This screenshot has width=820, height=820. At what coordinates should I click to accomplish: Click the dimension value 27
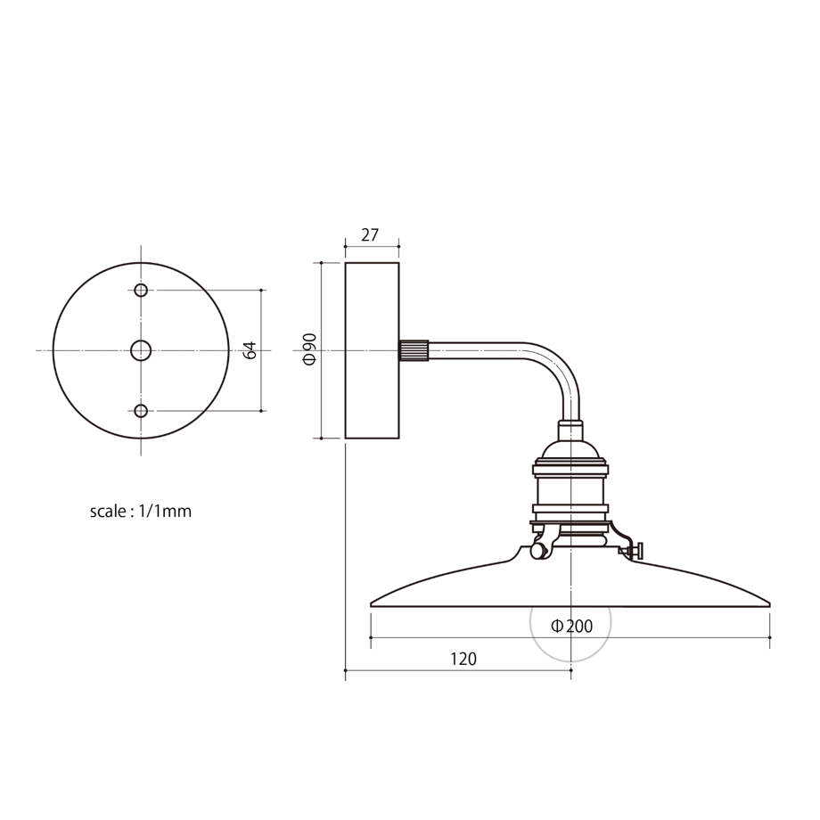coord(370,235)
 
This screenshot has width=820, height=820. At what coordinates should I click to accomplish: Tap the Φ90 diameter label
coord(309,349)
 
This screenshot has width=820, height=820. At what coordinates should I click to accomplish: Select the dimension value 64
coord(250,350)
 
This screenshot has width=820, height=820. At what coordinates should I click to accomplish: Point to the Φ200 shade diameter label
coord(571,626)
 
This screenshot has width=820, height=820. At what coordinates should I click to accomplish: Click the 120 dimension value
coord(463,659)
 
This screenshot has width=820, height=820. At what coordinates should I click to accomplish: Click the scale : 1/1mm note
coord(141,511)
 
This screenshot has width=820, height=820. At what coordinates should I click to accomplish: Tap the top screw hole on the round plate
coord(141,290)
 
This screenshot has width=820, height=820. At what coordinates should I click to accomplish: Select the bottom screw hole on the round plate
coord(141,411)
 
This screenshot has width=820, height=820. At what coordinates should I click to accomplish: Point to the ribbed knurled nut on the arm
coord(414,350)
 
